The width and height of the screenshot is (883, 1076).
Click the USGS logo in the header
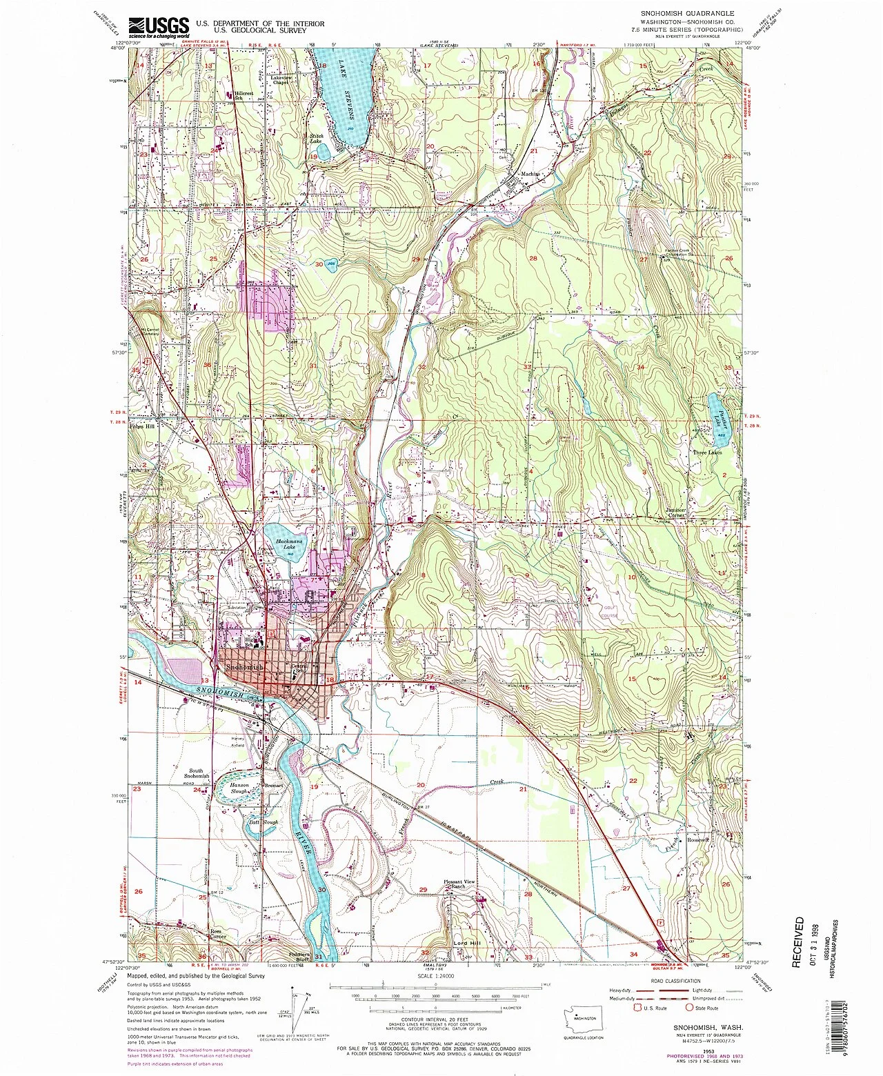pyautogui.click(x=158, y=26)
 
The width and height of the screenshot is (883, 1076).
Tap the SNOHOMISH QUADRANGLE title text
pyautogui.click(x=675, y=14)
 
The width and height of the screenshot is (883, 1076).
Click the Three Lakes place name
pyautogui.click(x=708, y=453)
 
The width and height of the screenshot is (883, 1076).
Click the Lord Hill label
pyautogui.click(x=466, y=943)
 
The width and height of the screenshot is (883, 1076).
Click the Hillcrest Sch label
pyautogui.click(x=233, y=96)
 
